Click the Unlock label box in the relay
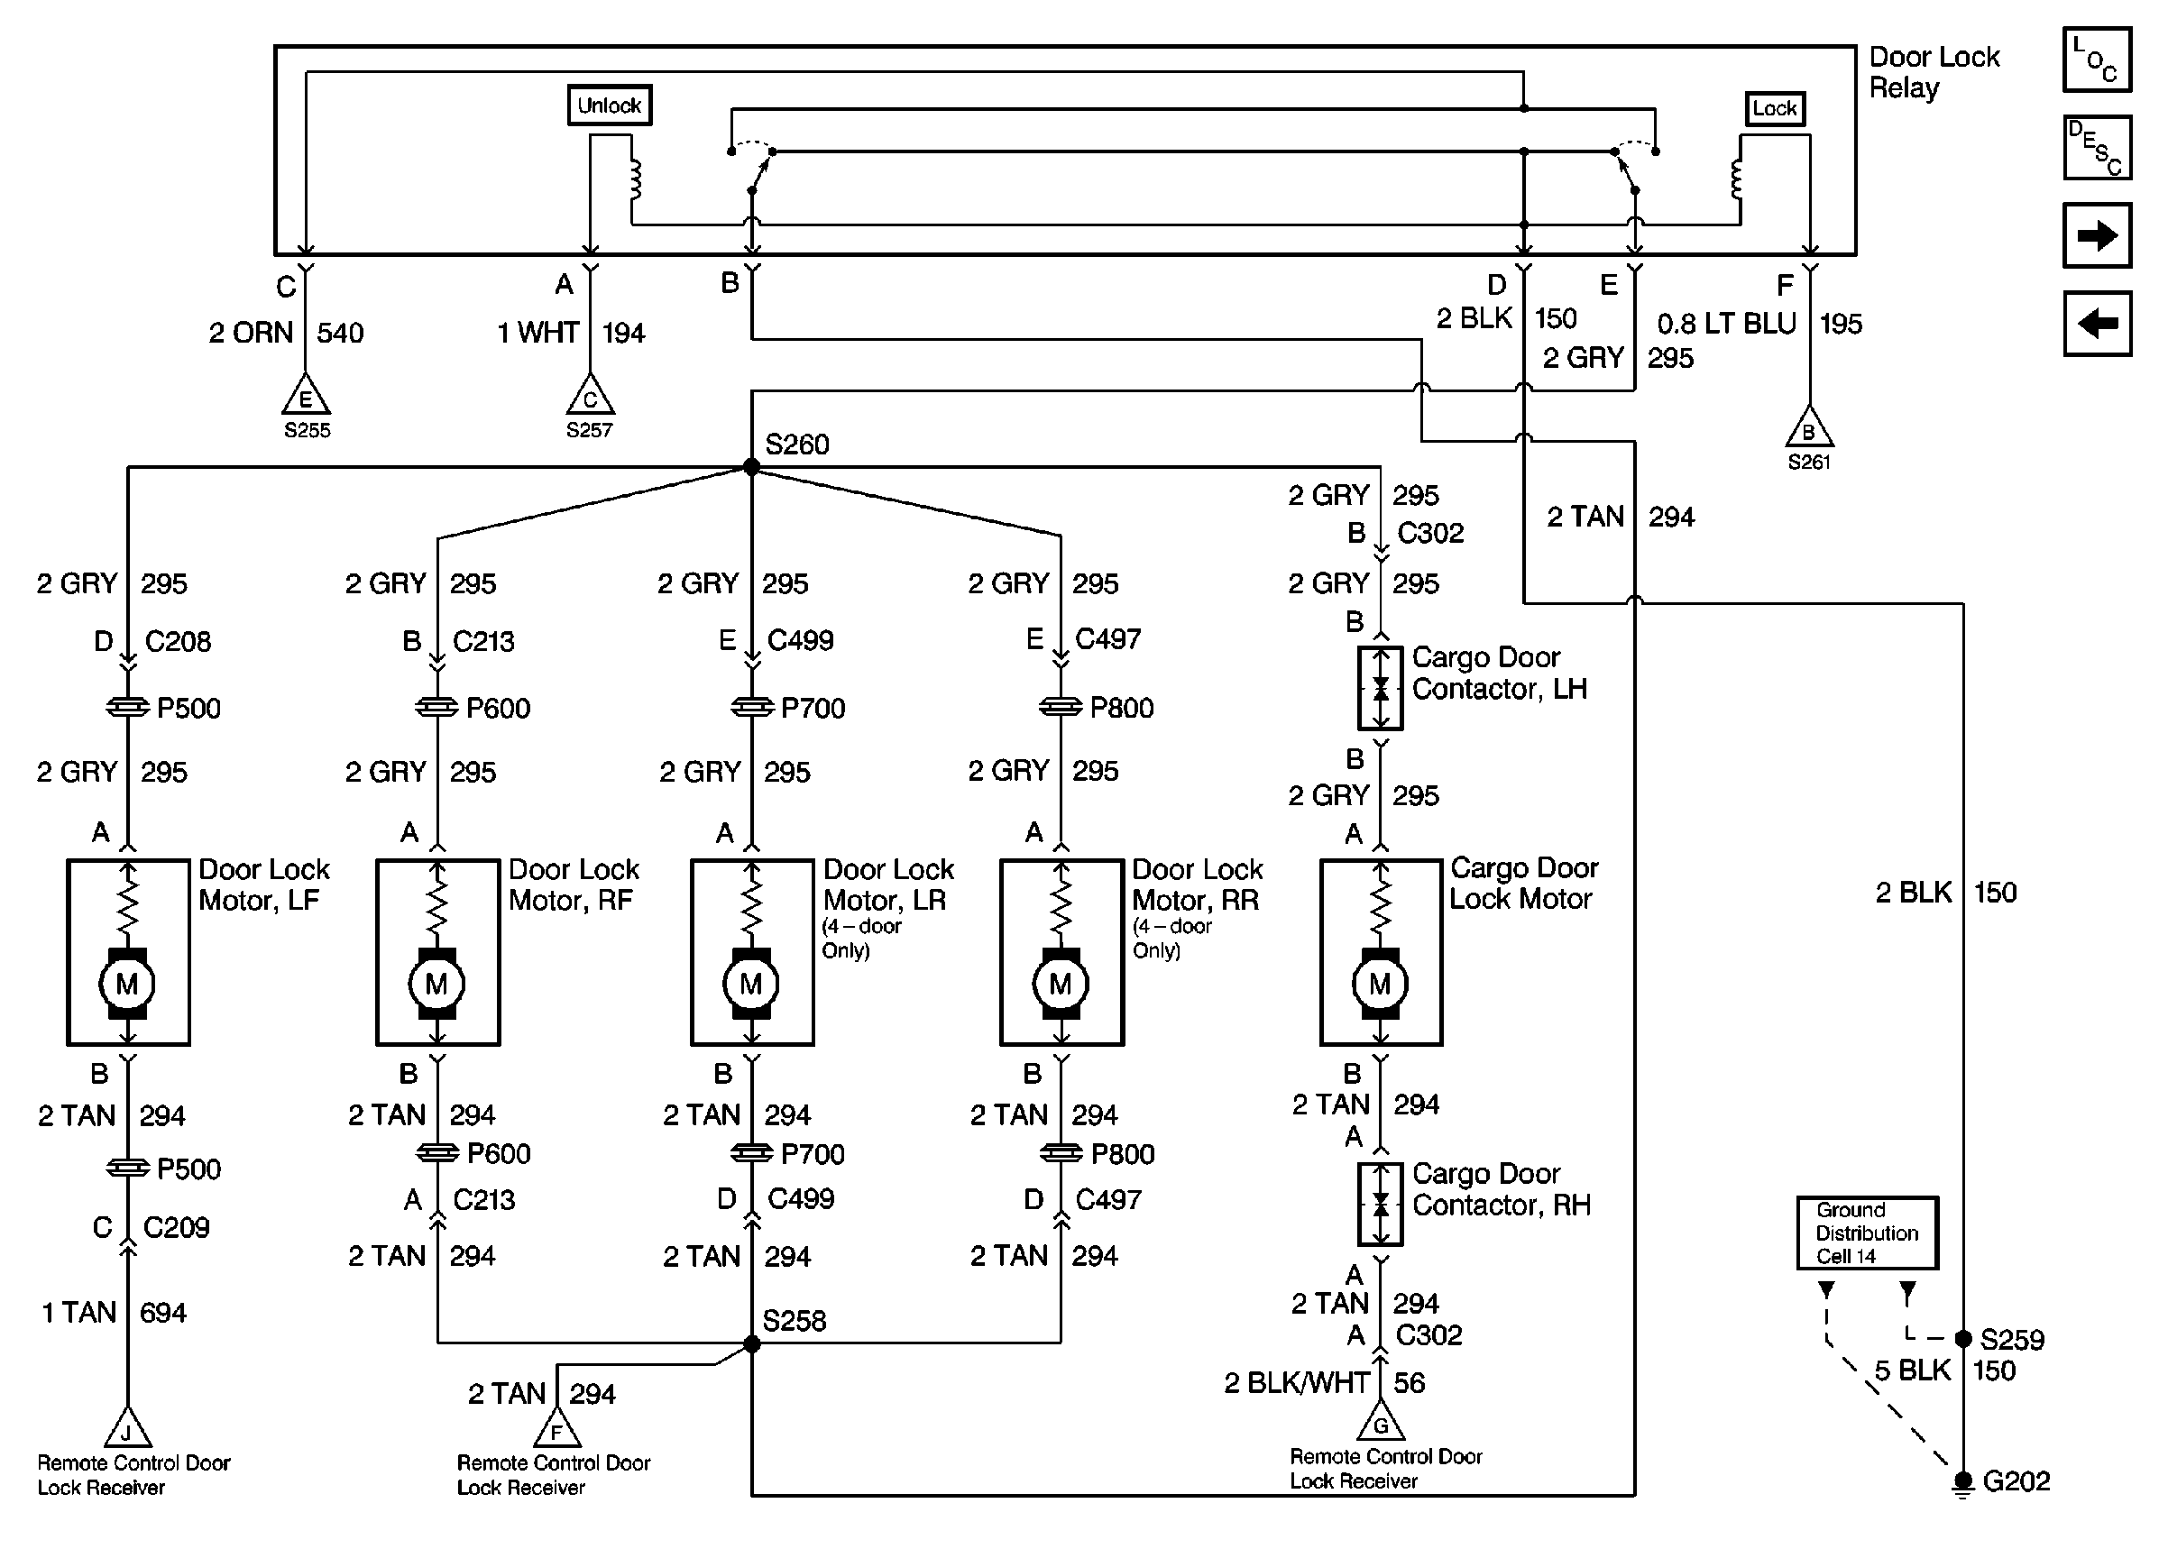[x=610, y=105]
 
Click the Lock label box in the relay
[x=1774, y=108]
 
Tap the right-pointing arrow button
[x=2097, y=235]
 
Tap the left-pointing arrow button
[x=2097, y=324]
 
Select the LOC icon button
[x=2097, y=60]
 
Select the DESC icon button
[x=2097, y=148]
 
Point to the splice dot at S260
[x=751, y=466]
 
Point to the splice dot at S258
[x=751, y=1344]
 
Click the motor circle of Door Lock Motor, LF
[x=127, y=984]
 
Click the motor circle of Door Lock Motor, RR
[x=1061, y=984]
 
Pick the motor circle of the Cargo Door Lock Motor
[x=1380, y=984]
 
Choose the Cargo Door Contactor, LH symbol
[x=1380, y=688]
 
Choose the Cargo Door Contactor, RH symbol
[x=1380, y=1204]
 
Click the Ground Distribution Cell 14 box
[x=1867, y=1233]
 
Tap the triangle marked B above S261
[x=1808, y=430]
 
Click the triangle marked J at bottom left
[x=127, y=1430]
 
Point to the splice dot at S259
[x=1963, y=1339]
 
